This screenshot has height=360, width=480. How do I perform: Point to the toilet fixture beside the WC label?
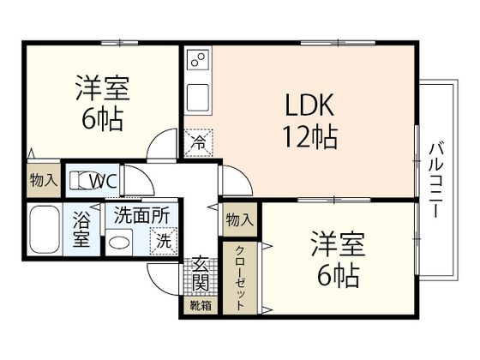(80, 181)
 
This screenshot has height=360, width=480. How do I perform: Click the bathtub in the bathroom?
(43, 230)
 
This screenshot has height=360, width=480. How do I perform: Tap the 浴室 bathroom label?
(82, 229)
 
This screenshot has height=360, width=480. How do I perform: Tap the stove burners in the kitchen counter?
(198, 61)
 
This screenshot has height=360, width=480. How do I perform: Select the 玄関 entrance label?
(200, 273)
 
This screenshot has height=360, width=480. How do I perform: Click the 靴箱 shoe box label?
(200, 304)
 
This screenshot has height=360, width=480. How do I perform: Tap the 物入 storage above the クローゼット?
(240, 220)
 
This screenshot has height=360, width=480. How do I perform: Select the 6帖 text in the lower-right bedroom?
(334, 274)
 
